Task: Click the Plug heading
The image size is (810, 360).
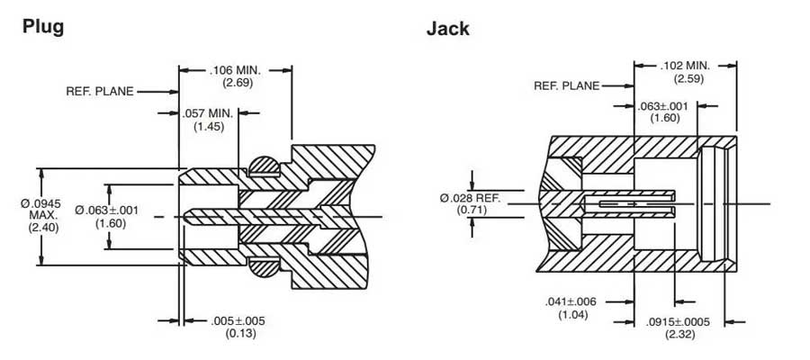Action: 42,26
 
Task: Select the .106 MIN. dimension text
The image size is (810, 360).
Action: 235,70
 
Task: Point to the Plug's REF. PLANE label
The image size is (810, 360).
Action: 99,91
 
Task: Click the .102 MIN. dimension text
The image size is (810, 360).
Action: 685,66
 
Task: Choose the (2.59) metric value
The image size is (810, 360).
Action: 685,78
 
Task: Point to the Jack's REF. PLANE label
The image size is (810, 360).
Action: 566,86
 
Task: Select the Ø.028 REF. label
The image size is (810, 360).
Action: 471,197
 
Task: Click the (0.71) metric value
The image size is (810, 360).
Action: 471,210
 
